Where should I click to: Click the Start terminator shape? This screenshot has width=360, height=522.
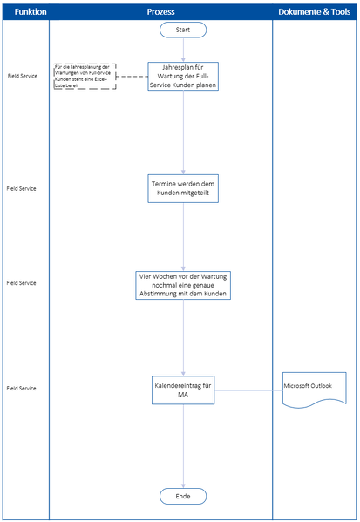[x=183, y=30]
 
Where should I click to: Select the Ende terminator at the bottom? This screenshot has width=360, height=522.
[x=183, y=495]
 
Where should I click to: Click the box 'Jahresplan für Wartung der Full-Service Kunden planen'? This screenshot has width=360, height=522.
[x=183, y=76]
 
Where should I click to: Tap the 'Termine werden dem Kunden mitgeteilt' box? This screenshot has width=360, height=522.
[x=183, y=188]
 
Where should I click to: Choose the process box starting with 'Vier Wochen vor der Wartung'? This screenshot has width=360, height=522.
[x=183, y=284]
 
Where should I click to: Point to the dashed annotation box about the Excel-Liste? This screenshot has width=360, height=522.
[x=85, y=76]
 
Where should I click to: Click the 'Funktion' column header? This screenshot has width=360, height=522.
[x=24, y=12]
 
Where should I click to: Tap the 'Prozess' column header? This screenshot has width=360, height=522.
[x=160, y=12]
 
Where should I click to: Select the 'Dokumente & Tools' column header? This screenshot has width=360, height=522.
[x=316, y=12]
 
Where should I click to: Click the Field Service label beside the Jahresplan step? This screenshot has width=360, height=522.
[x=22, y=77]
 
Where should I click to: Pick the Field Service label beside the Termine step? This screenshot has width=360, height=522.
[x=22, y=188]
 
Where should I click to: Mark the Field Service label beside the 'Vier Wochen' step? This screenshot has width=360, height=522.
[x=22, y=283]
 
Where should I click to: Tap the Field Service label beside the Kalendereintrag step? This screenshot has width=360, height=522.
[x=22, y=387]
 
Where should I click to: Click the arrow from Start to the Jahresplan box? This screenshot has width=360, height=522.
[x=183, y=50]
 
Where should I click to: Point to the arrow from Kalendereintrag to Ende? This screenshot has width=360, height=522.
[x=183, y=444]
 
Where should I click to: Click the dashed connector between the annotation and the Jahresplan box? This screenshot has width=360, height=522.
[x=132, y=76]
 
